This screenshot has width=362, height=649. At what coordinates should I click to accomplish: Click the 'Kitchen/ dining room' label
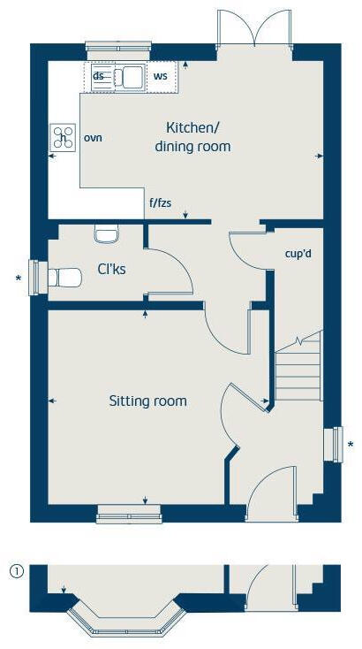coord(192,137)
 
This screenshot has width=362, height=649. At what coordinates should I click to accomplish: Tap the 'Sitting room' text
coord(147,401)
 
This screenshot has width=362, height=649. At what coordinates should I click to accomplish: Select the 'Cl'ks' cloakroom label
coord(111,269)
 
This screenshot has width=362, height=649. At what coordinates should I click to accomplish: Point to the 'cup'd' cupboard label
coord(298,254)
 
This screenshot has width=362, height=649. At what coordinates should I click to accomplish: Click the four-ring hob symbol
coord(63,136)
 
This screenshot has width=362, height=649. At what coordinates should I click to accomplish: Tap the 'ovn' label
coord(93,138)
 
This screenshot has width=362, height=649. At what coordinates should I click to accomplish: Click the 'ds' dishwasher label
coord(99,76)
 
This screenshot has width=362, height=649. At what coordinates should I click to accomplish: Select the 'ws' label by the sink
coord(160,77)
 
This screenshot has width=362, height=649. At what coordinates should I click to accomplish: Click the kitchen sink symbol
coord(130,77)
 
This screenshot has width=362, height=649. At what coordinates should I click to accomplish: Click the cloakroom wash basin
coord(105,234)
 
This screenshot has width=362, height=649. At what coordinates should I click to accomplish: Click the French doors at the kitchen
coord(253,28)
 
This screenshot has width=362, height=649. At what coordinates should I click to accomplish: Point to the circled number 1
coord(16,570)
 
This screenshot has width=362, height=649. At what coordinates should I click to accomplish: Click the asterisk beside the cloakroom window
coord(18,279)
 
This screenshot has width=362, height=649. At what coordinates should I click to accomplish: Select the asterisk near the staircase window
coord(351,445)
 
